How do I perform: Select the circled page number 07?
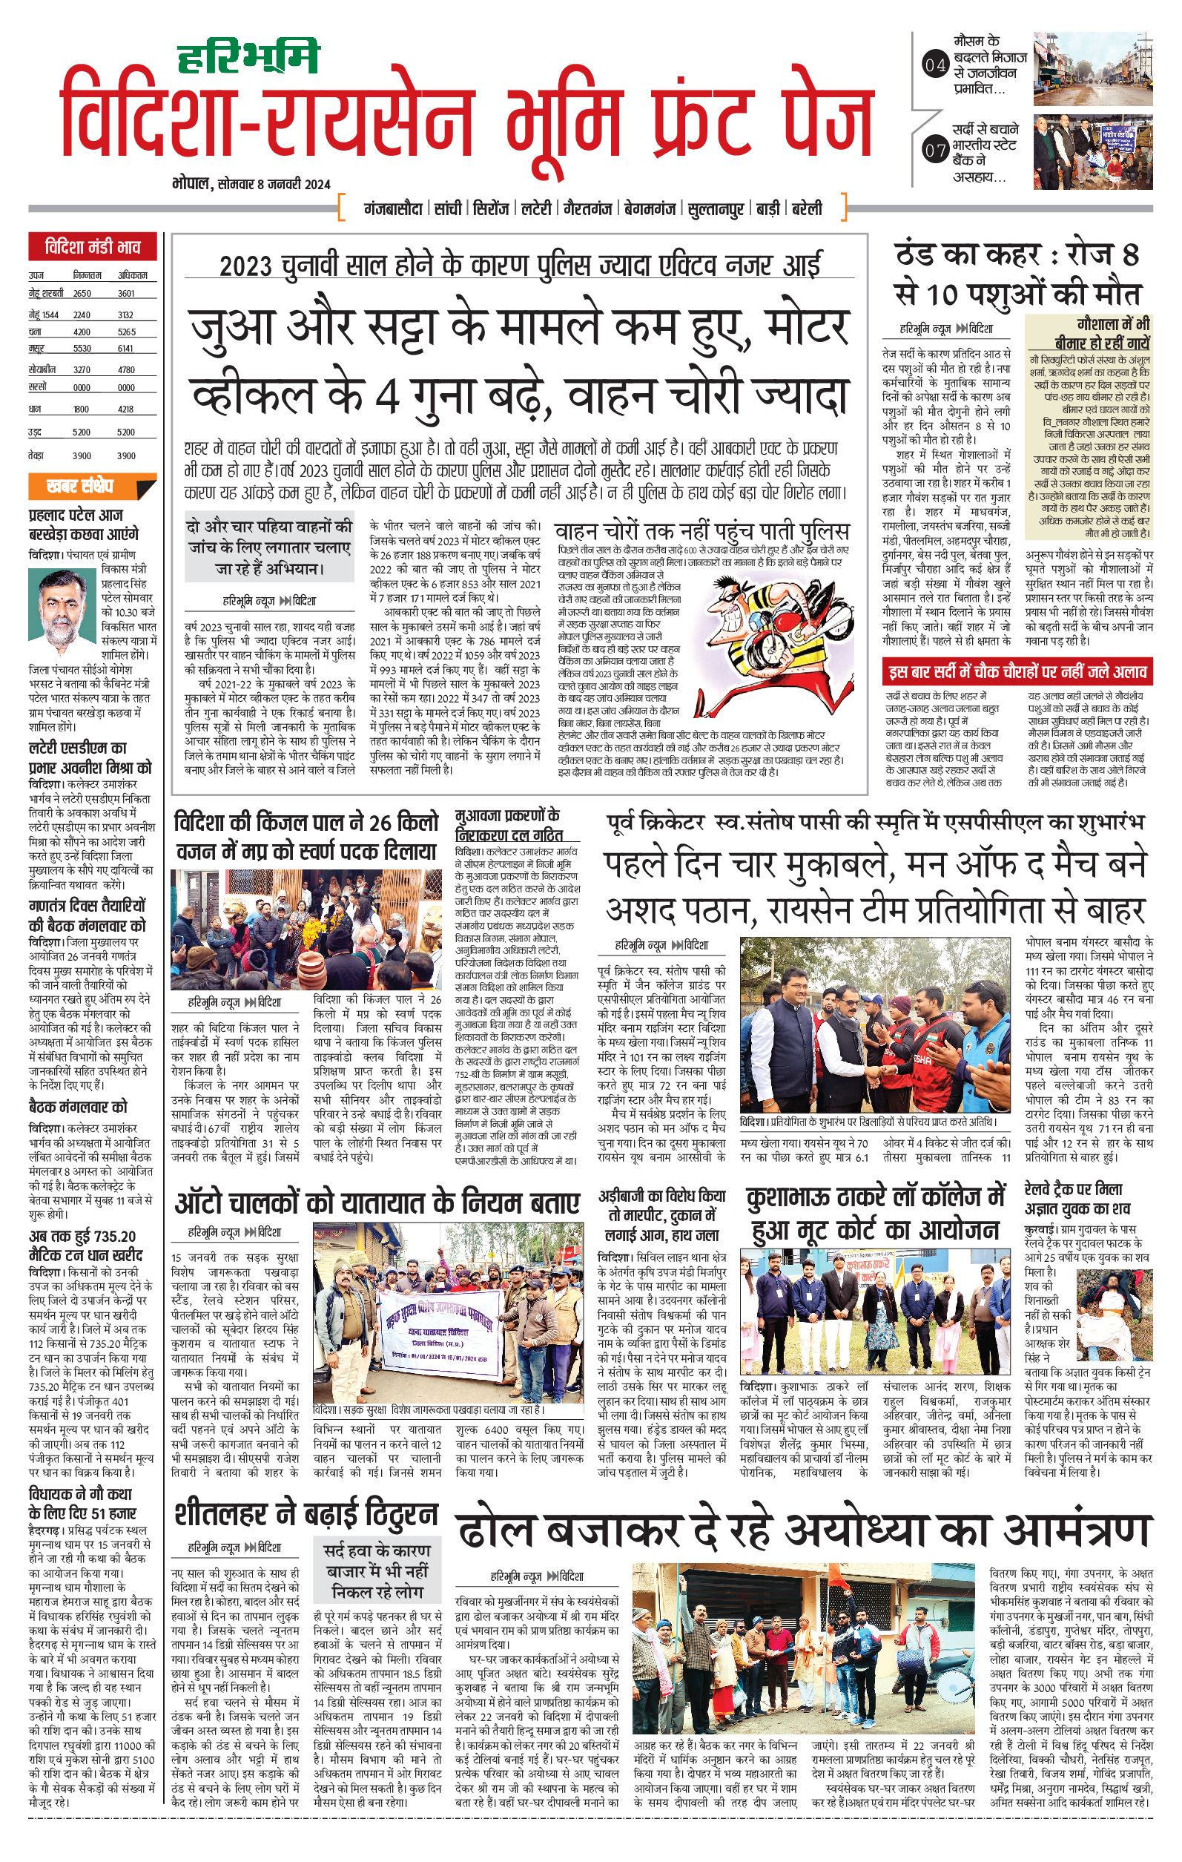935,150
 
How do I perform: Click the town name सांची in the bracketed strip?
449,208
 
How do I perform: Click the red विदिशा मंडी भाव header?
93,249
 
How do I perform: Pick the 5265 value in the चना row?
126,332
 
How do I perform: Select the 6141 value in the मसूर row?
126,349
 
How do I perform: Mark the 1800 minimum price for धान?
81,409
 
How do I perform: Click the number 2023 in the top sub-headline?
246,267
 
